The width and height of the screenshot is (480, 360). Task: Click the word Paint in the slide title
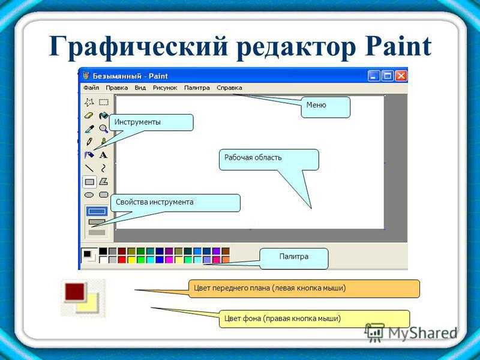point(398,47)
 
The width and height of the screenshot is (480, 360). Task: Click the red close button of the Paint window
point(401,76)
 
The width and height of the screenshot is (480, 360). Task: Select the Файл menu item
point(91,88)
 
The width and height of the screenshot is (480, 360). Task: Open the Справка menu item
point(229,88)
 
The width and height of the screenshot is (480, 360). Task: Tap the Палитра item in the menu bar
point(197,88)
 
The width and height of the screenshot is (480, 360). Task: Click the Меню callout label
point(325,107)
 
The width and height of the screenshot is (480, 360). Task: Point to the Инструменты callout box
point(151,122)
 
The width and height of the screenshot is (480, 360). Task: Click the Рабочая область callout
point(269,160)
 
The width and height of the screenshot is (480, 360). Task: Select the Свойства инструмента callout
point(175,203)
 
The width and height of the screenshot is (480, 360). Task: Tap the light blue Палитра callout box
point(294,259)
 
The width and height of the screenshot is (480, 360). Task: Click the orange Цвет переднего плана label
point(304,289)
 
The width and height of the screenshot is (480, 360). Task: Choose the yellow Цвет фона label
point(314,319)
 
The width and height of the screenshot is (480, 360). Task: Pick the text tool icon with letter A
point(103,155)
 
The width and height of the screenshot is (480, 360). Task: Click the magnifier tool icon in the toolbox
point(103,128)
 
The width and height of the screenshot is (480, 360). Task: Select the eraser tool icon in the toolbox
point(89,115)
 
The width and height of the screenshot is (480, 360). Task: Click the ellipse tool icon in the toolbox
point(89,195)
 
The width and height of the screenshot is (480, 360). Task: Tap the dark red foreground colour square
point(74,292)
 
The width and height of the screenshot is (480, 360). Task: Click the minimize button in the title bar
point(373,76)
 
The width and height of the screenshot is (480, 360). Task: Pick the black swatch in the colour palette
point(103,251)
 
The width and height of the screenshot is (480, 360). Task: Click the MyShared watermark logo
point(411,332)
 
